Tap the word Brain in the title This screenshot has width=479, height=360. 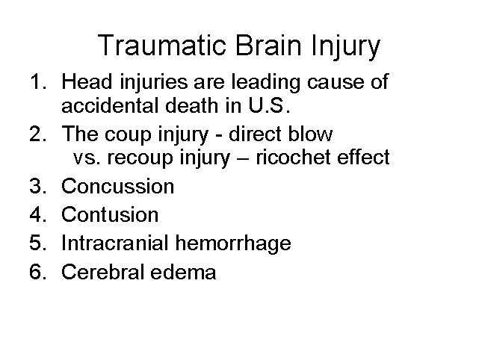[265, 46]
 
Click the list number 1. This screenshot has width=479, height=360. [38, 81]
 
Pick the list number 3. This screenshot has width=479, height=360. [38, 185]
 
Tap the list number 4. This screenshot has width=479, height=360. [38, 214]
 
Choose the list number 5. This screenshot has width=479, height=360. [38, 243]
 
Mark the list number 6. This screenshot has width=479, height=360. [38, 273]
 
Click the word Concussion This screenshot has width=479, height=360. [117, 185]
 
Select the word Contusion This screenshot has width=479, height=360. [110, 214]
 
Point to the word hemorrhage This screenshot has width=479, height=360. [235, 243]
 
